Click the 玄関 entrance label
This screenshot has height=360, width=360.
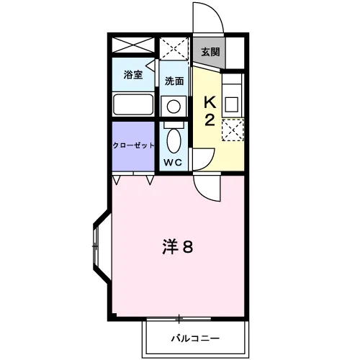[x=209, y=52]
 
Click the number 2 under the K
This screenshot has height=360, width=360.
[x=210, y=120]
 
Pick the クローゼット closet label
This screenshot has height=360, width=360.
[x=133, y=145]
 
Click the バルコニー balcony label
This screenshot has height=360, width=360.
[x=195, y=337]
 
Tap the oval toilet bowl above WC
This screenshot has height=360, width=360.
[x=174, y=138]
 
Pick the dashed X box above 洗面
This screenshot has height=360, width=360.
[x=174, y=48]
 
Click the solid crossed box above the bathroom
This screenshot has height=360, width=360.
[x=133, y=45]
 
